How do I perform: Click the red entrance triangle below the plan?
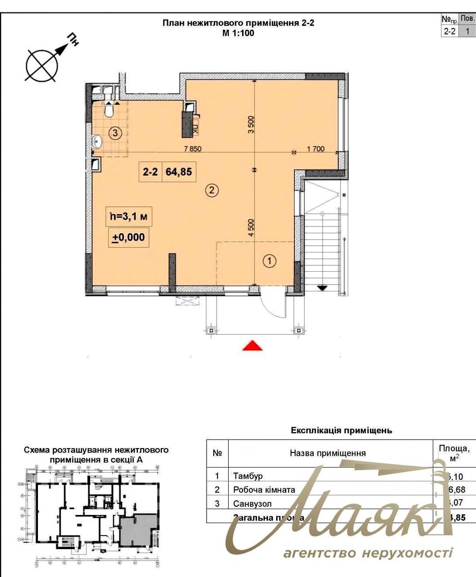252,346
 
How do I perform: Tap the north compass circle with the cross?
42,65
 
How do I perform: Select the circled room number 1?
270,261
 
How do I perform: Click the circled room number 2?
212,190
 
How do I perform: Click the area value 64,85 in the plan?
179,172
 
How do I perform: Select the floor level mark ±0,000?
128,237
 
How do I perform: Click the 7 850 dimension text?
192,149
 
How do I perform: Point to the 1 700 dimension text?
316,149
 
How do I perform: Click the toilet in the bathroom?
109,111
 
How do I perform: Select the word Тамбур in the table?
248,476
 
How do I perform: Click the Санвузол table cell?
252,504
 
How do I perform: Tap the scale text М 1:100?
238,33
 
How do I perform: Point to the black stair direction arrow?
322,288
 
